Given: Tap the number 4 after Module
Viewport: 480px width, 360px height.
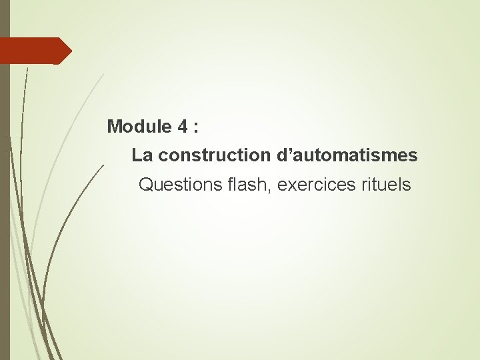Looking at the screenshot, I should click(x=183, y=125).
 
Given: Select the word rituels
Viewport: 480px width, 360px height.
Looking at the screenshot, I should click(x=386, y=185).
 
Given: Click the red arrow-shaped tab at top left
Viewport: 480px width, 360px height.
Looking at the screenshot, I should click(x=33, y=51).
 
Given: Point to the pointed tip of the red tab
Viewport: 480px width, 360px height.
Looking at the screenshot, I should click(x=70, y=51).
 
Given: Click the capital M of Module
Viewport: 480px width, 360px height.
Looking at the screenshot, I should click(x=114, y=125).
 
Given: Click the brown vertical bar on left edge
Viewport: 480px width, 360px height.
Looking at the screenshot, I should click(x=5, y=200).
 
